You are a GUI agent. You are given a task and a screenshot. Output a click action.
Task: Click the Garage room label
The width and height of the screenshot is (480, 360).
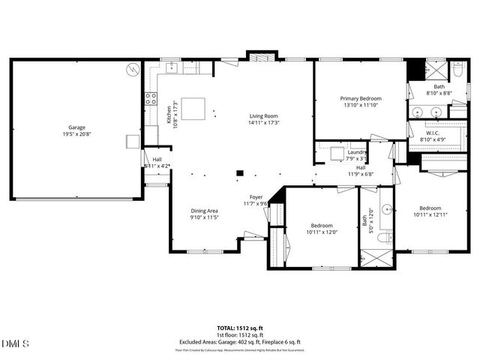77,127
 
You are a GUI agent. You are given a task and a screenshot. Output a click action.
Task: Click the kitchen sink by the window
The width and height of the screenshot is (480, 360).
171,67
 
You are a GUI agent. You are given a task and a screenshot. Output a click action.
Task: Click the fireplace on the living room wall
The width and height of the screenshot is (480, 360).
262,55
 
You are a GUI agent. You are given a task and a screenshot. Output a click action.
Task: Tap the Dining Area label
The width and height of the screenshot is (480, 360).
204,211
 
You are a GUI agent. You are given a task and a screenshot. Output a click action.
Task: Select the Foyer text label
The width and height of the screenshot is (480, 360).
256,196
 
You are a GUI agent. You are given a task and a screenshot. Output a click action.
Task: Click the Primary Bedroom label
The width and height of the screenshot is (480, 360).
361,99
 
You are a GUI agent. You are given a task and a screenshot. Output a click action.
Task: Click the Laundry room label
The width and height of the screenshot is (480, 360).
357,152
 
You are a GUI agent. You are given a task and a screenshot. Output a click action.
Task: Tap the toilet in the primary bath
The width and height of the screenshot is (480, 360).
458,71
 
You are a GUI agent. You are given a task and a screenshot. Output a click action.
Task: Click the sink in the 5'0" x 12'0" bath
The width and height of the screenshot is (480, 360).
385,208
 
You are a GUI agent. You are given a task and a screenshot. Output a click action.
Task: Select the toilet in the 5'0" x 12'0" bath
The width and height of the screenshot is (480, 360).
382,238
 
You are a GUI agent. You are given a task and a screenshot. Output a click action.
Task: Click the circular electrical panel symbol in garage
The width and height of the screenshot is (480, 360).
133,68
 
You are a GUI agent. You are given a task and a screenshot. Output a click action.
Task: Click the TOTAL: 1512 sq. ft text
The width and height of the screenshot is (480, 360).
240,328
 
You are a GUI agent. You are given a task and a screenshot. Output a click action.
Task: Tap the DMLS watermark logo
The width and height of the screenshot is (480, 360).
16,343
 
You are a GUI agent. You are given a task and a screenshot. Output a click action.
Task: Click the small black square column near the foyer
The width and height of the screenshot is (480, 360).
239,173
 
